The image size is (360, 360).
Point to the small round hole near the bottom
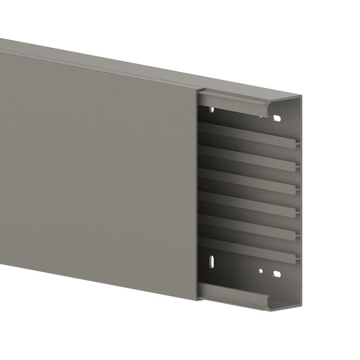click(x=260, y=270)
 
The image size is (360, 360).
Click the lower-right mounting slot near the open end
click(x=278, y=274)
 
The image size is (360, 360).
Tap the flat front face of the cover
click(x=98, y=176)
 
